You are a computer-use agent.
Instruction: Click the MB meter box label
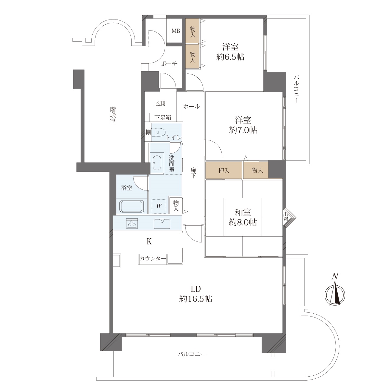(176, 31)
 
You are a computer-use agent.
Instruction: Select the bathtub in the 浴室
(132, 206)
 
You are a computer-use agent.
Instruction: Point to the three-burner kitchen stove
(132, 223)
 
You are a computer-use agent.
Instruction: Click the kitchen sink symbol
(162, 224)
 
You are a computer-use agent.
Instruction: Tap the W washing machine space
(159, 206)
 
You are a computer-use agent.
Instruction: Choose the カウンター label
(153, 258)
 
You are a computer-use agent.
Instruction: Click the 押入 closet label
(224, 171)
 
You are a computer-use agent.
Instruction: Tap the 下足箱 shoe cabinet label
(163, 118)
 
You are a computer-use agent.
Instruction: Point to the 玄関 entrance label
(161, 104)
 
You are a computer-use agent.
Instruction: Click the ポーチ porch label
(169, 64)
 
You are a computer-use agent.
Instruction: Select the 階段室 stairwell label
(113, 115)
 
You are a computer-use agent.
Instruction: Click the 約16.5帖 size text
(196, 299)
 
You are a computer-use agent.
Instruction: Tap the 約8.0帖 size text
(243, 222)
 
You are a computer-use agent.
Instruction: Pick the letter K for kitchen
(149, 241)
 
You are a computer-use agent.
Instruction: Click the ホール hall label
(191, 106)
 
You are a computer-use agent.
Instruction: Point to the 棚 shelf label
(148, 132)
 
